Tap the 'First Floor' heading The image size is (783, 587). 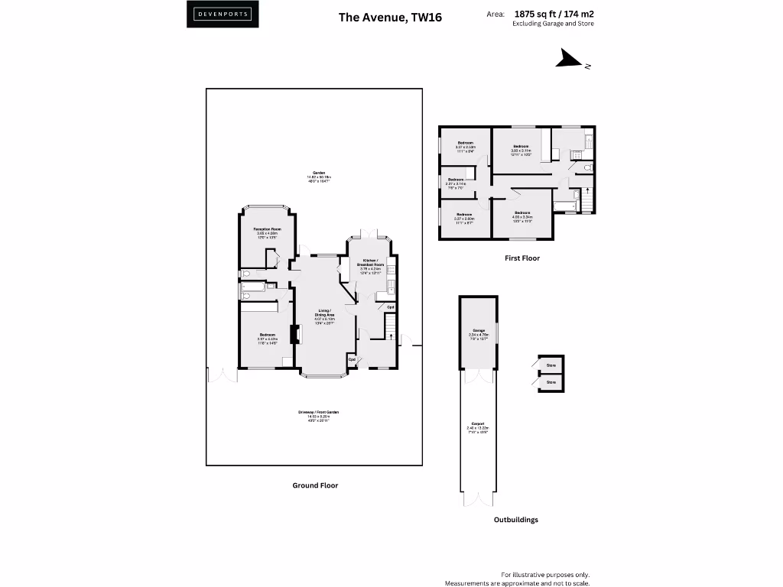tap(522, 258)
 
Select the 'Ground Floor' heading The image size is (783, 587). tap(315, 485)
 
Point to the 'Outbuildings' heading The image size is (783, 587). tap(515, 520)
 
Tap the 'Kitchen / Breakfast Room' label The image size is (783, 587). tap(370, 263)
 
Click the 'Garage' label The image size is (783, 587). tap(478, 331)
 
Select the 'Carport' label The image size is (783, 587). tap(478, 425)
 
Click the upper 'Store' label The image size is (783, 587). tap(550, 365)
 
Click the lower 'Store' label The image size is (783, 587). tap(550, 382)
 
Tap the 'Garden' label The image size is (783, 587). tap(314, 174)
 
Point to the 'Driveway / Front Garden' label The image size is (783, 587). tap(318, 413)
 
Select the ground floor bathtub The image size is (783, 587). tap(253, 288)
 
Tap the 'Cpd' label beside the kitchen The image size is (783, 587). tap(390, 307)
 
